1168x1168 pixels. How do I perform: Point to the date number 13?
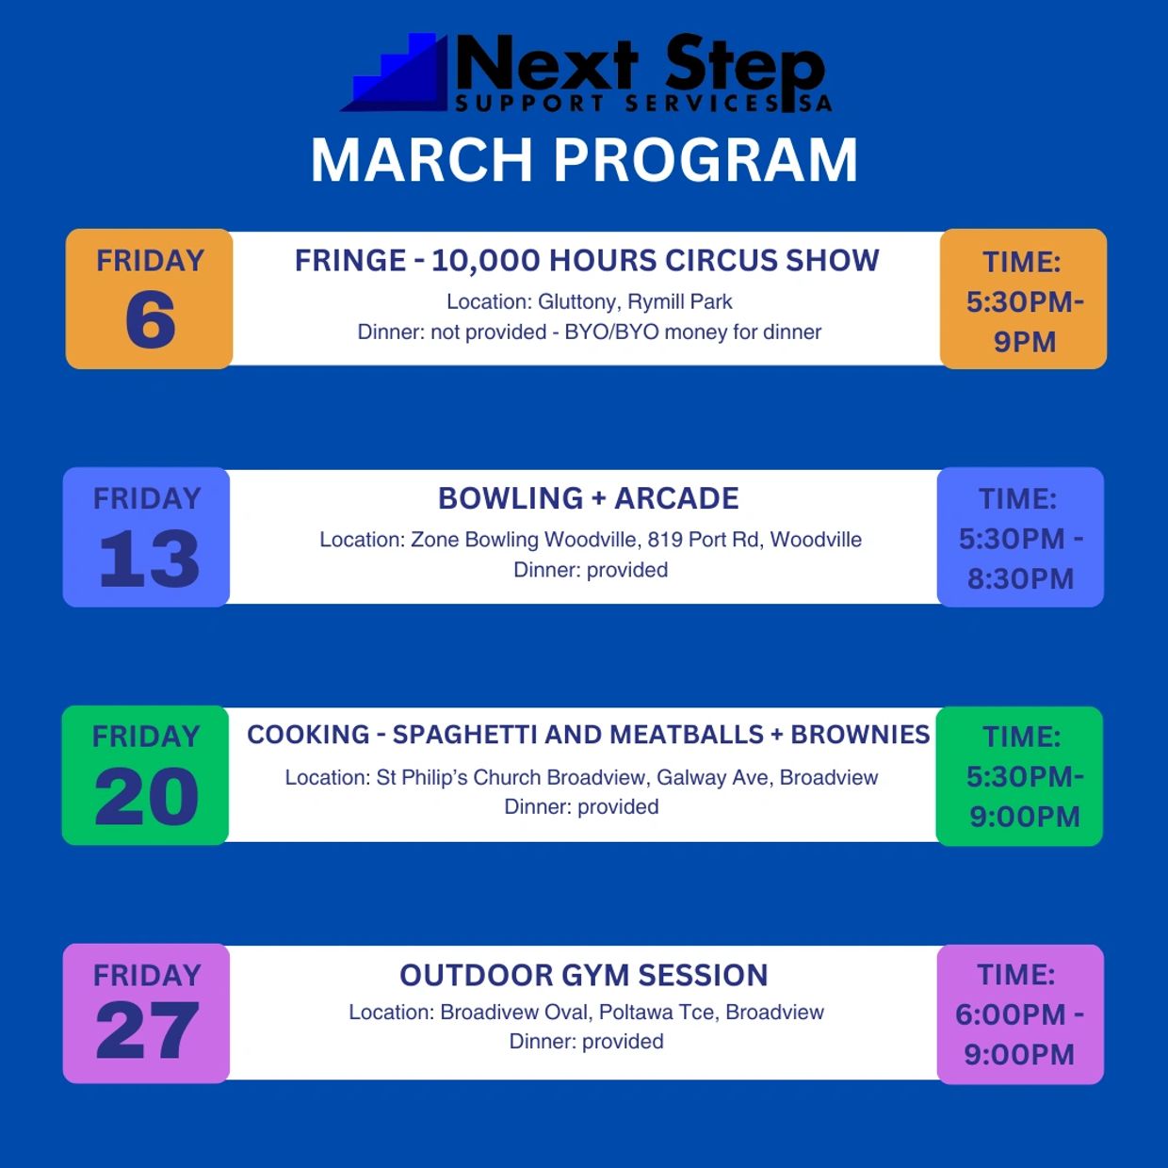(149, 558)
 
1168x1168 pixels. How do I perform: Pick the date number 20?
(147, 796)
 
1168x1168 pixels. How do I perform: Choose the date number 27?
(147, 1030)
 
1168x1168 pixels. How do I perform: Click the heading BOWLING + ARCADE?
(589, 498)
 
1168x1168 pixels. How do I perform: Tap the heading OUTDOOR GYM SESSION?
(584, 975)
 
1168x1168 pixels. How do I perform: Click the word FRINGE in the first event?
(349, 261)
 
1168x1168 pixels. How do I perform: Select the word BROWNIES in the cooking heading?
(860, 735)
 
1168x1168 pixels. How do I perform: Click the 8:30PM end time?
(1021, 579)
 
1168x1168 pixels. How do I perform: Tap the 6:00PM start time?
(1011, 1014)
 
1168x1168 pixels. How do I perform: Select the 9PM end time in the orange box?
(1024, 342)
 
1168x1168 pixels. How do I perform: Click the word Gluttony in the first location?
(579, 301)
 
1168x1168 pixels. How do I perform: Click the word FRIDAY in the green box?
(146, 737)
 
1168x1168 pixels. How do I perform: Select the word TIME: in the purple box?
(1016, 975)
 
